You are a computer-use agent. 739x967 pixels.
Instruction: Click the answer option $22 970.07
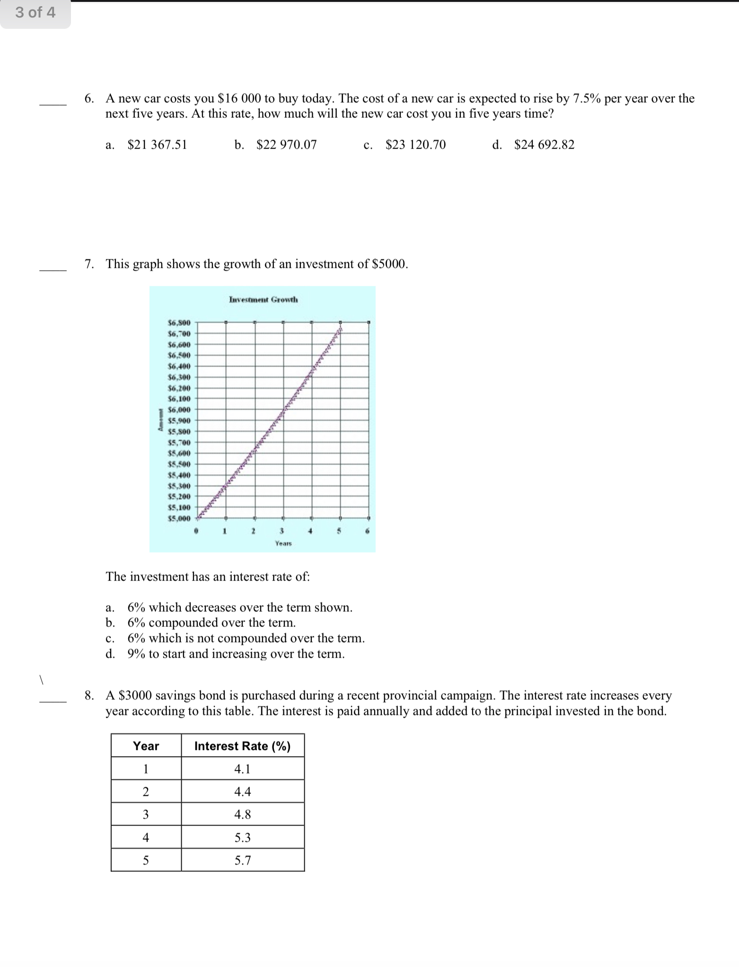(x=286, y=145)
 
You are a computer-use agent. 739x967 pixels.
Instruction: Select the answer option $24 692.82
(x=544, y=145)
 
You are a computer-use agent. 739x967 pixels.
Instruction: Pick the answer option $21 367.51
(x=157, y=145)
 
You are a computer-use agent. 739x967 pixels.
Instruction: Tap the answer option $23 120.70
(x=415, y=145)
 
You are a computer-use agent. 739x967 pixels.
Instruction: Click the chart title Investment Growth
(x=263, y=299)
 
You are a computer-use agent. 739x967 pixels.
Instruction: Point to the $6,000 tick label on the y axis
(x=179, y=410)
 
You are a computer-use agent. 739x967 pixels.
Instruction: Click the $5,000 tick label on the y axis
(x=179, y=519)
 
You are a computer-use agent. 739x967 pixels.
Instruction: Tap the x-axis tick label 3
(x=282, y=531)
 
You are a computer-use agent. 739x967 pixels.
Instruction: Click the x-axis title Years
(x=283, y=544)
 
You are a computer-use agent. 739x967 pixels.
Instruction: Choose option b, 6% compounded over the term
(x=211, y=623)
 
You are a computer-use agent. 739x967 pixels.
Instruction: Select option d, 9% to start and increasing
(x=236, y=654)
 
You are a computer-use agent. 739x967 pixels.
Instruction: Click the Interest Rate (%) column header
(x=242, y=746)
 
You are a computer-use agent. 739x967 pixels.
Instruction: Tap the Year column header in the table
(x=146, y=746)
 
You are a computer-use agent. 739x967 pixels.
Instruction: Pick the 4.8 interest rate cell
(x=242, y=815)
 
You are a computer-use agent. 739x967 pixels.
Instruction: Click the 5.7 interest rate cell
(x=242, y=861)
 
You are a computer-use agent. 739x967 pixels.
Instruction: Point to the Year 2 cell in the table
(x=146, y=792)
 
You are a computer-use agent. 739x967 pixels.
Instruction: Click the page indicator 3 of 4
(x=35, y=13)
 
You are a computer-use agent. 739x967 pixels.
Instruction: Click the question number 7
(x=88, y=264)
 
